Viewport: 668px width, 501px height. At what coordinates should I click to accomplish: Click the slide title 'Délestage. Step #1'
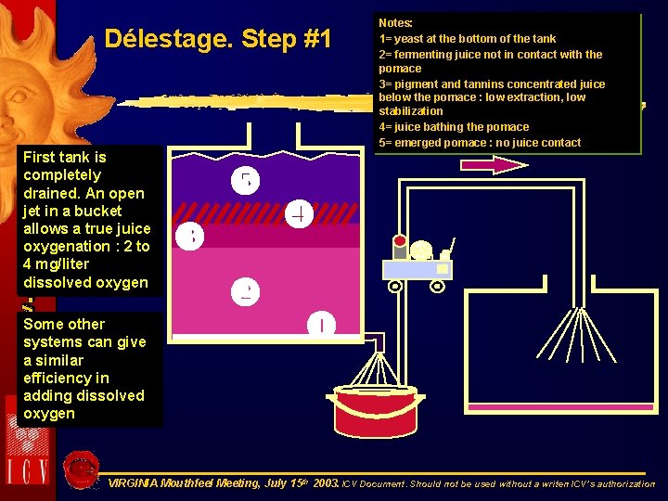218,40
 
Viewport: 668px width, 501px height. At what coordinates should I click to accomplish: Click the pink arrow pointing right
494,165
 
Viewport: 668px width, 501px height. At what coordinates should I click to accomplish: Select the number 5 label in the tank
246,180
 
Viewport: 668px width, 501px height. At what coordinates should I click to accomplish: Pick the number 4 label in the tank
299,213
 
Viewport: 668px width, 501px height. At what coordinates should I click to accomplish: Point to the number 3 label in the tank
191,237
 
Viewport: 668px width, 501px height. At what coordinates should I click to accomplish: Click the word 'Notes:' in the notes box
396,21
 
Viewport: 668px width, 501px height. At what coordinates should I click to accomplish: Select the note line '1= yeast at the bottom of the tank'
467,38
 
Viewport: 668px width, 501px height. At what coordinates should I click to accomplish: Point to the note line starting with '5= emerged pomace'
480,142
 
